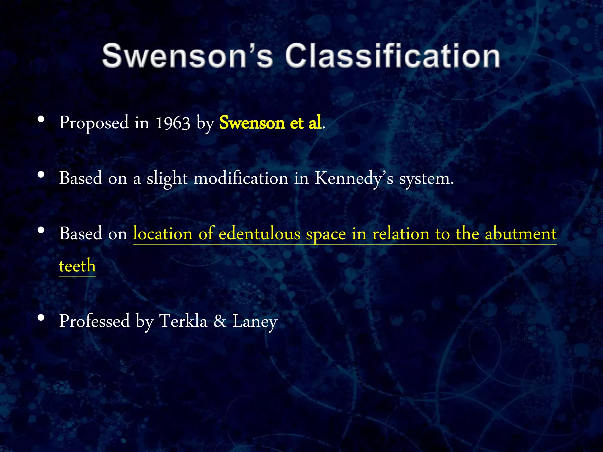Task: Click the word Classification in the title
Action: (x=392, y=56)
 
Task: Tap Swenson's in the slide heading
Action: (x=188, y=56)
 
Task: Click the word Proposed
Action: (x=94, y=123)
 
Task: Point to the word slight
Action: (x=167, y=178)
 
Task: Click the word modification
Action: (x=241, y=178)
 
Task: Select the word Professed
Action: (x=95, y=321)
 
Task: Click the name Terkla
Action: (x=183, y=321)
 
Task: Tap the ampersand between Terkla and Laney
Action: (x=220, y=321)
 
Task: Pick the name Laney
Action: (x=255, y=321)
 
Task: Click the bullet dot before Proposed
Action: (x=41, y=119)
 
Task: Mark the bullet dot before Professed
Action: (x=41, y=318)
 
